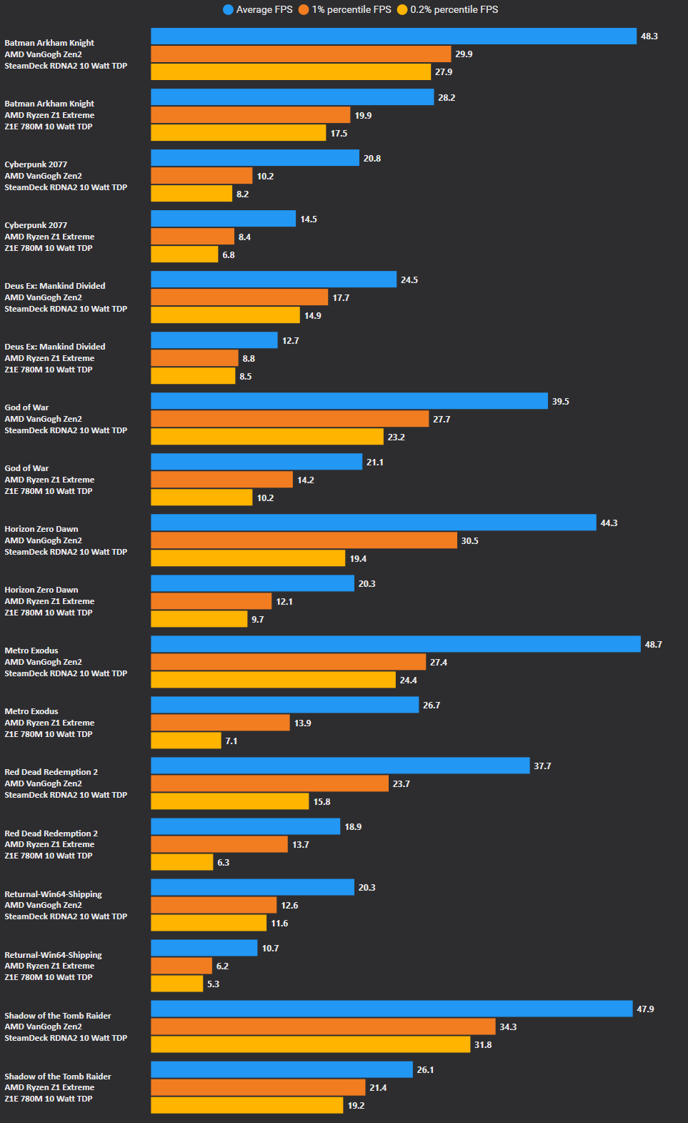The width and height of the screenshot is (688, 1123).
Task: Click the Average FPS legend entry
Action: [258, 9]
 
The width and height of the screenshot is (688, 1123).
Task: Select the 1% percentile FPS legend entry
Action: [345, 9]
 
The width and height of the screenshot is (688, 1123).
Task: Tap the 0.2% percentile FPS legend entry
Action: [448, 9]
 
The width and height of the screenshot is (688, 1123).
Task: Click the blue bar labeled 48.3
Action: [393, 36]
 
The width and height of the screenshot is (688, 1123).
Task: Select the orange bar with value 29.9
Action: [301, 54]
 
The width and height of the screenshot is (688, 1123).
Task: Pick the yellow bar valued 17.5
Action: [239, 133]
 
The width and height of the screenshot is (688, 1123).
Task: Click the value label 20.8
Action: [372, 158]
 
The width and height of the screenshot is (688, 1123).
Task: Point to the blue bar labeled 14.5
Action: [223, 219]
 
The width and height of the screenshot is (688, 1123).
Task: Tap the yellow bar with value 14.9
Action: [225, 315]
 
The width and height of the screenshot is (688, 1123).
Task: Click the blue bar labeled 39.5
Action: [349, 401]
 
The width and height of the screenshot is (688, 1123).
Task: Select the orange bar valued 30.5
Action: [304, 540]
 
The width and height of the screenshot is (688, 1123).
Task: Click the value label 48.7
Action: [653, 644]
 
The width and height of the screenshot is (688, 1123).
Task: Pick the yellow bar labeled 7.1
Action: [186, 741]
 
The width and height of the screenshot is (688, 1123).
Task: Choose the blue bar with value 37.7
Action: [340, 766]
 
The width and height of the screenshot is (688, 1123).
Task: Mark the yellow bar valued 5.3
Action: [177, 984]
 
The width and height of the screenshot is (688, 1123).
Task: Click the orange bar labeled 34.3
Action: [323, 1026]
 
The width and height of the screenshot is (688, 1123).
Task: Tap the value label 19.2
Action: [356, 1105]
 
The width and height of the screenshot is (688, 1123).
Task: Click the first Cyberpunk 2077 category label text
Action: [36, 164]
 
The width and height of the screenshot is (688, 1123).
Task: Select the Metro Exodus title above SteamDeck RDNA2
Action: [31, 650]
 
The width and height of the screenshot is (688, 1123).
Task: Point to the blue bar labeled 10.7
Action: [204, 948]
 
